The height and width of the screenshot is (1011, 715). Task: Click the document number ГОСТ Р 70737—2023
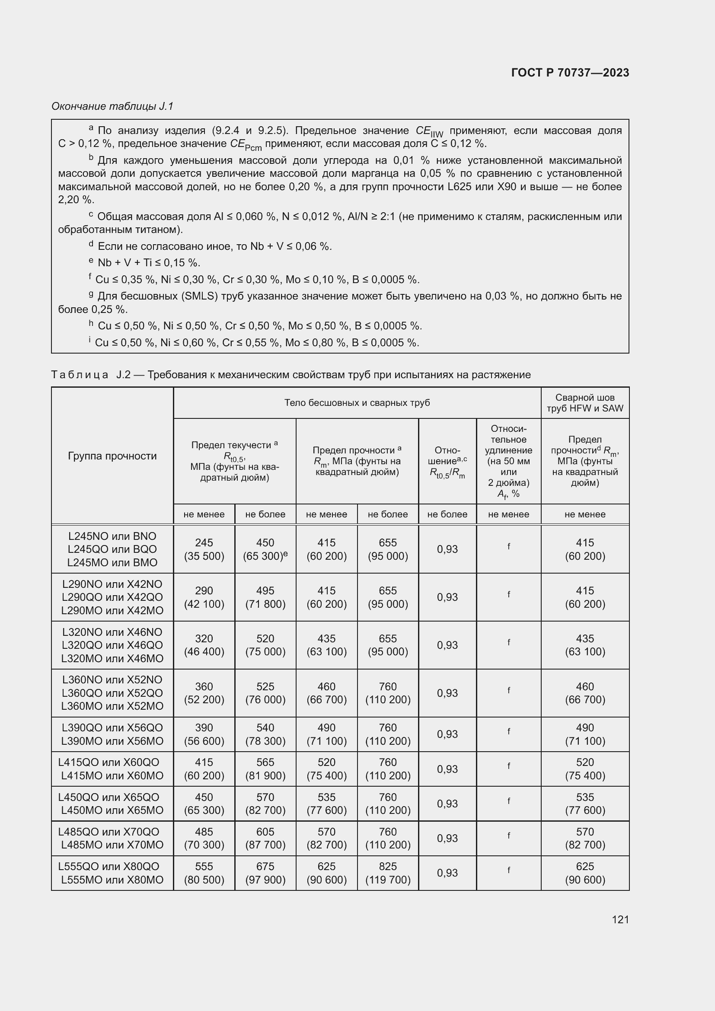pos(570,73)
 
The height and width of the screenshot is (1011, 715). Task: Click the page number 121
pos(620,919)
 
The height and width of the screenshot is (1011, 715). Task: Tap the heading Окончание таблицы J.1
pos(112,106)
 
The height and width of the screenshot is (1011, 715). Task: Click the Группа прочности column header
pos(112,456)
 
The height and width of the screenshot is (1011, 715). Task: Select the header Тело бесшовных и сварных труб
pos(357,402)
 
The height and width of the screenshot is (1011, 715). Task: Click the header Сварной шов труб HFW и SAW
pos(585,402)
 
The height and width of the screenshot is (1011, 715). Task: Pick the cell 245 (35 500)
pos(204,549)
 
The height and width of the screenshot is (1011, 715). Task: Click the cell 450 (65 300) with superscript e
pos(265,549)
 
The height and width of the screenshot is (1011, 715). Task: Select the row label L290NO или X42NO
pos(112,584)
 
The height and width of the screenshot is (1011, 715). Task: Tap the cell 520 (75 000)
pos(265,645)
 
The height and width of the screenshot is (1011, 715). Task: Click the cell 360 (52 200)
pos(204,693)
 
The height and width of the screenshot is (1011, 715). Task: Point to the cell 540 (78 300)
pos(265,734)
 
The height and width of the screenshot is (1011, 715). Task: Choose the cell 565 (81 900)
pos(265,769)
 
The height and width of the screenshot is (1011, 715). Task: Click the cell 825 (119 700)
pos(387,873)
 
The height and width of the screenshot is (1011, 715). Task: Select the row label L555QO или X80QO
pos(109,867)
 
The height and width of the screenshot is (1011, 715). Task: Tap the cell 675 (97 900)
pos(265,873)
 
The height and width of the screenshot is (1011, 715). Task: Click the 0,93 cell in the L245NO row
pos(447,549)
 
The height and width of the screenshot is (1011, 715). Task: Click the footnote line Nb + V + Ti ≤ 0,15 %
pos(148,263)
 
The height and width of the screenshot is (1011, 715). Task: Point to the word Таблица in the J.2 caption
pos(80,375)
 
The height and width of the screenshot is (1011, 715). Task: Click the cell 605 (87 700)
pos(265,838)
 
